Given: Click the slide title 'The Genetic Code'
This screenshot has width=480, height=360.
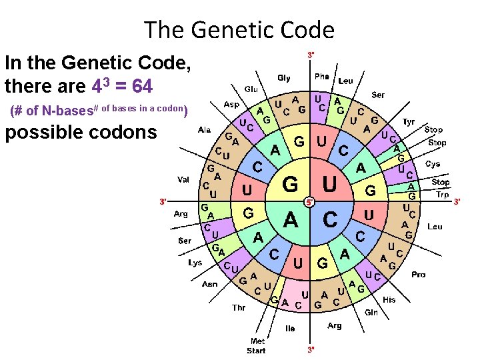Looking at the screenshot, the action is (239, 30).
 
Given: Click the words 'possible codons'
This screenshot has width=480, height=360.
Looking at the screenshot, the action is (81, 132).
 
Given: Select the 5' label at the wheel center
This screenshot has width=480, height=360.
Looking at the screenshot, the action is (310, 201).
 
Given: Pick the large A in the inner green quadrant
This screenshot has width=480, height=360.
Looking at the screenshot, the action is (291, 219).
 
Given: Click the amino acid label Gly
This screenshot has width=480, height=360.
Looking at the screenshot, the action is (284, 78).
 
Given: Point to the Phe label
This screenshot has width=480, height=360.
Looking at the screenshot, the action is (321, 77).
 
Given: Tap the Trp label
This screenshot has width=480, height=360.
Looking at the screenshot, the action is (442, 195).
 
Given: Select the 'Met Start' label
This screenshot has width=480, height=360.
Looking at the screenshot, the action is (257, 346).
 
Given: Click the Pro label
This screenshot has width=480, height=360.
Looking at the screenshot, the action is (419, 274).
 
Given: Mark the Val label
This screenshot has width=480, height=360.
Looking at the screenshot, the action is (183, 179).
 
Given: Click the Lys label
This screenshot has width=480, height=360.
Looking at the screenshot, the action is (195, 263).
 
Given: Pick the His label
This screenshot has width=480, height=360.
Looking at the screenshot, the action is (389, 299).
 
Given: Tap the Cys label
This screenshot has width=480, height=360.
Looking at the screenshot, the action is (433, 164).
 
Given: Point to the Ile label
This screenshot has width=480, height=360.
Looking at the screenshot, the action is (289, 328).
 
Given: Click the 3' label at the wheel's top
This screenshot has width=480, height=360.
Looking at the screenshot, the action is (311, 54).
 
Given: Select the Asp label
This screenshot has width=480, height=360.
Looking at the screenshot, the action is (231, 105).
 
